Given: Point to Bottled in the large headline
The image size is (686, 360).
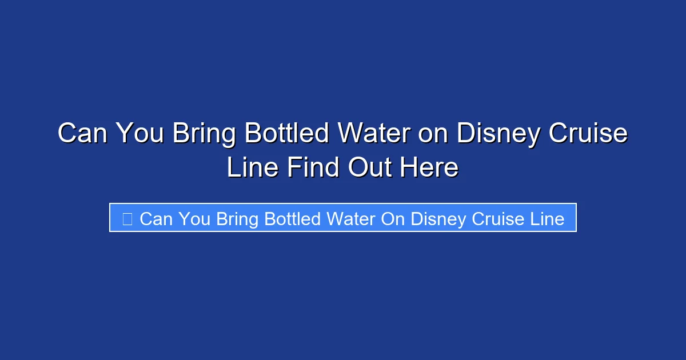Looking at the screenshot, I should tap(287, 134).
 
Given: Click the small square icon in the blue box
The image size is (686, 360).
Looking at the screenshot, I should tap(127, 218).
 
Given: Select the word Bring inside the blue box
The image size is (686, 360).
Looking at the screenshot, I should tap(237, 219).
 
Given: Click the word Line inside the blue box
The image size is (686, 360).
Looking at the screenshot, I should tap(547, 219).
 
